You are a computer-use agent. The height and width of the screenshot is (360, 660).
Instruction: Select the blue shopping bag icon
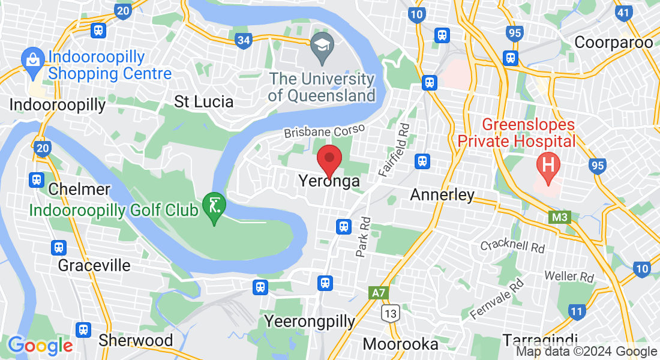tap(31, 60)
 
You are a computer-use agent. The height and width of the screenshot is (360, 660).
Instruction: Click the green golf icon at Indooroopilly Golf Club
tap(214, 206)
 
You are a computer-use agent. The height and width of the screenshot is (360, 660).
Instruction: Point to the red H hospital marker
tap(547, 163)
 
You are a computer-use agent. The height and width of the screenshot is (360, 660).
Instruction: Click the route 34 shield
tap(244, 40)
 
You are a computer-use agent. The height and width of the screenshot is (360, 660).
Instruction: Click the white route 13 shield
tap(391, 313)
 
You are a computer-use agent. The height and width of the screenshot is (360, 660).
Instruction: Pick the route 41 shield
tap(624, 12)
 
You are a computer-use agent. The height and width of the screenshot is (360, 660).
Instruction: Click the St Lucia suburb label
tap(203, 101)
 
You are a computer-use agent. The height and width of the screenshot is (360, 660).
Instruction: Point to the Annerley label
tap(442, 194)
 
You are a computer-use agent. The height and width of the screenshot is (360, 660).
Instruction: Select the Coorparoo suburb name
tap(613, 43)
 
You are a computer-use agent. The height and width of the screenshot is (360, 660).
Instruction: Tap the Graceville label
tap(94, 265)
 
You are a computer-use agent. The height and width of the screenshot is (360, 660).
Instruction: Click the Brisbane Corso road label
tap(324, 131)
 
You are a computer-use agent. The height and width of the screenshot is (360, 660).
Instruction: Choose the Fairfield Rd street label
tap(395, 150)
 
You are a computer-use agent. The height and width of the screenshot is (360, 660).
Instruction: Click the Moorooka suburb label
tap(400, 344)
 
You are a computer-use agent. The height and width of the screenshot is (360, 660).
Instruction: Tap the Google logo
tap(40, 346)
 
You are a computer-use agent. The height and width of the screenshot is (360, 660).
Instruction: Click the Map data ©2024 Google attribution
tap(586, 352)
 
